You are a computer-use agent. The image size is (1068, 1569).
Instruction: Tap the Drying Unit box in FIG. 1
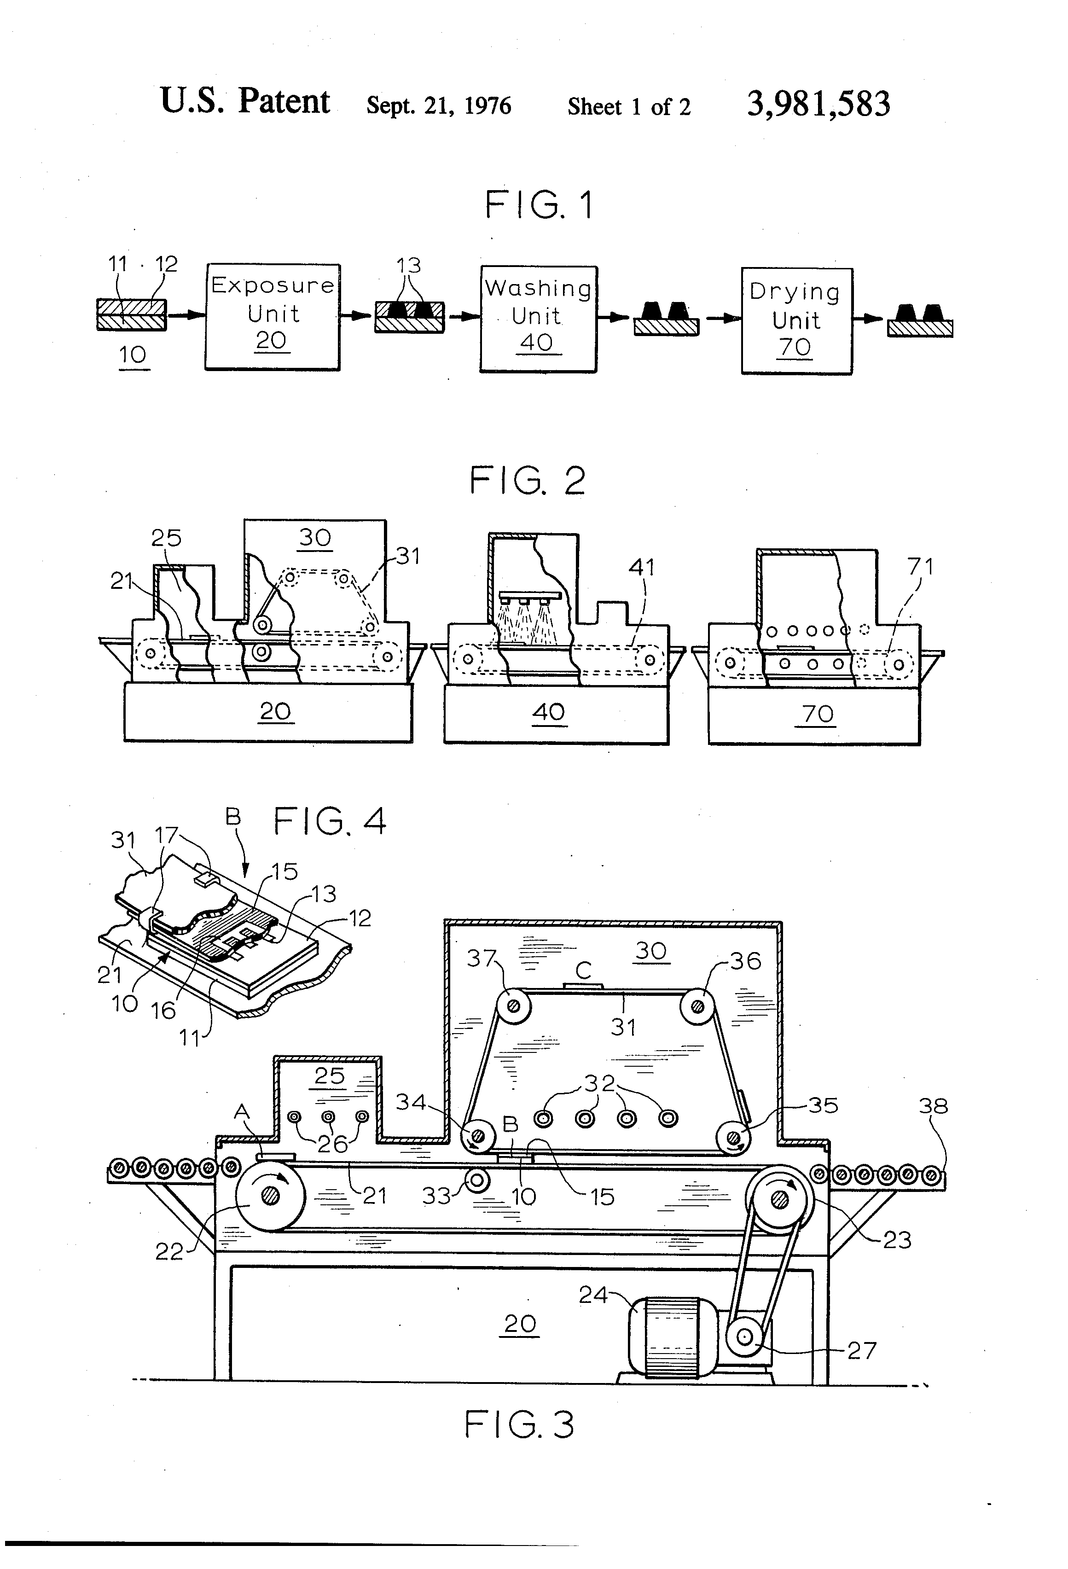pyautogui.click(x=796, y=321)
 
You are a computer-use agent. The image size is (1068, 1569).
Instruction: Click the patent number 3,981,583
pyautogui.click(x=818, y=105)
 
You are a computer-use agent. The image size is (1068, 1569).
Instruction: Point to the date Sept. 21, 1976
pyautogui.click(x=438, y=105)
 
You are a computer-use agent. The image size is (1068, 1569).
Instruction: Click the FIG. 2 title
pyautogui.click(x=527, y=482)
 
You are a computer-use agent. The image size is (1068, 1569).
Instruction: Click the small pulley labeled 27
pyautogui.click(x=744, y=1337)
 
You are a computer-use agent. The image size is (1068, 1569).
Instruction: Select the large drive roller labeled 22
pyautogui.click(x=271, y=1196)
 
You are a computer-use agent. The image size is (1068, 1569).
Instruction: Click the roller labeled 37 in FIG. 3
pyautogui.click(x=514, y=1006)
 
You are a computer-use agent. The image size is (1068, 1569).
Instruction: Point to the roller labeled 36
pyautogui.click(x=697, y=1006)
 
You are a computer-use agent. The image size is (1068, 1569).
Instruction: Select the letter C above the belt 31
pyautogui.click(x=583, y=970)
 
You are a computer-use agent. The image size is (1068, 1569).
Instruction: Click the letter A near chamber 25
pyautogui.click(x=241, y=1112)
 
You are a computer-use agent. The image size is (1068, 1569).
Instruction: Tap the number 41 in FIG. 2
pyautogui.click(x=641, y=567)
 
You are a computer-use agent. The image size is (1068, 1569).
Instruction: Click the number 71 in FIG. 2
pyautogui.click(x=920, y=566)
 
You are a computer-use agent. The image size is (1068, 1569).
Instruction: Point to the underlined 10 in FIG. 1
pyautogui.click(x=133, y=355)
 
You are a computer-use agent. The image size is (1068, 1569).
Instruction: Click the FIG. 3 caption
pyautogui.click(x=518, y=1425)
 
